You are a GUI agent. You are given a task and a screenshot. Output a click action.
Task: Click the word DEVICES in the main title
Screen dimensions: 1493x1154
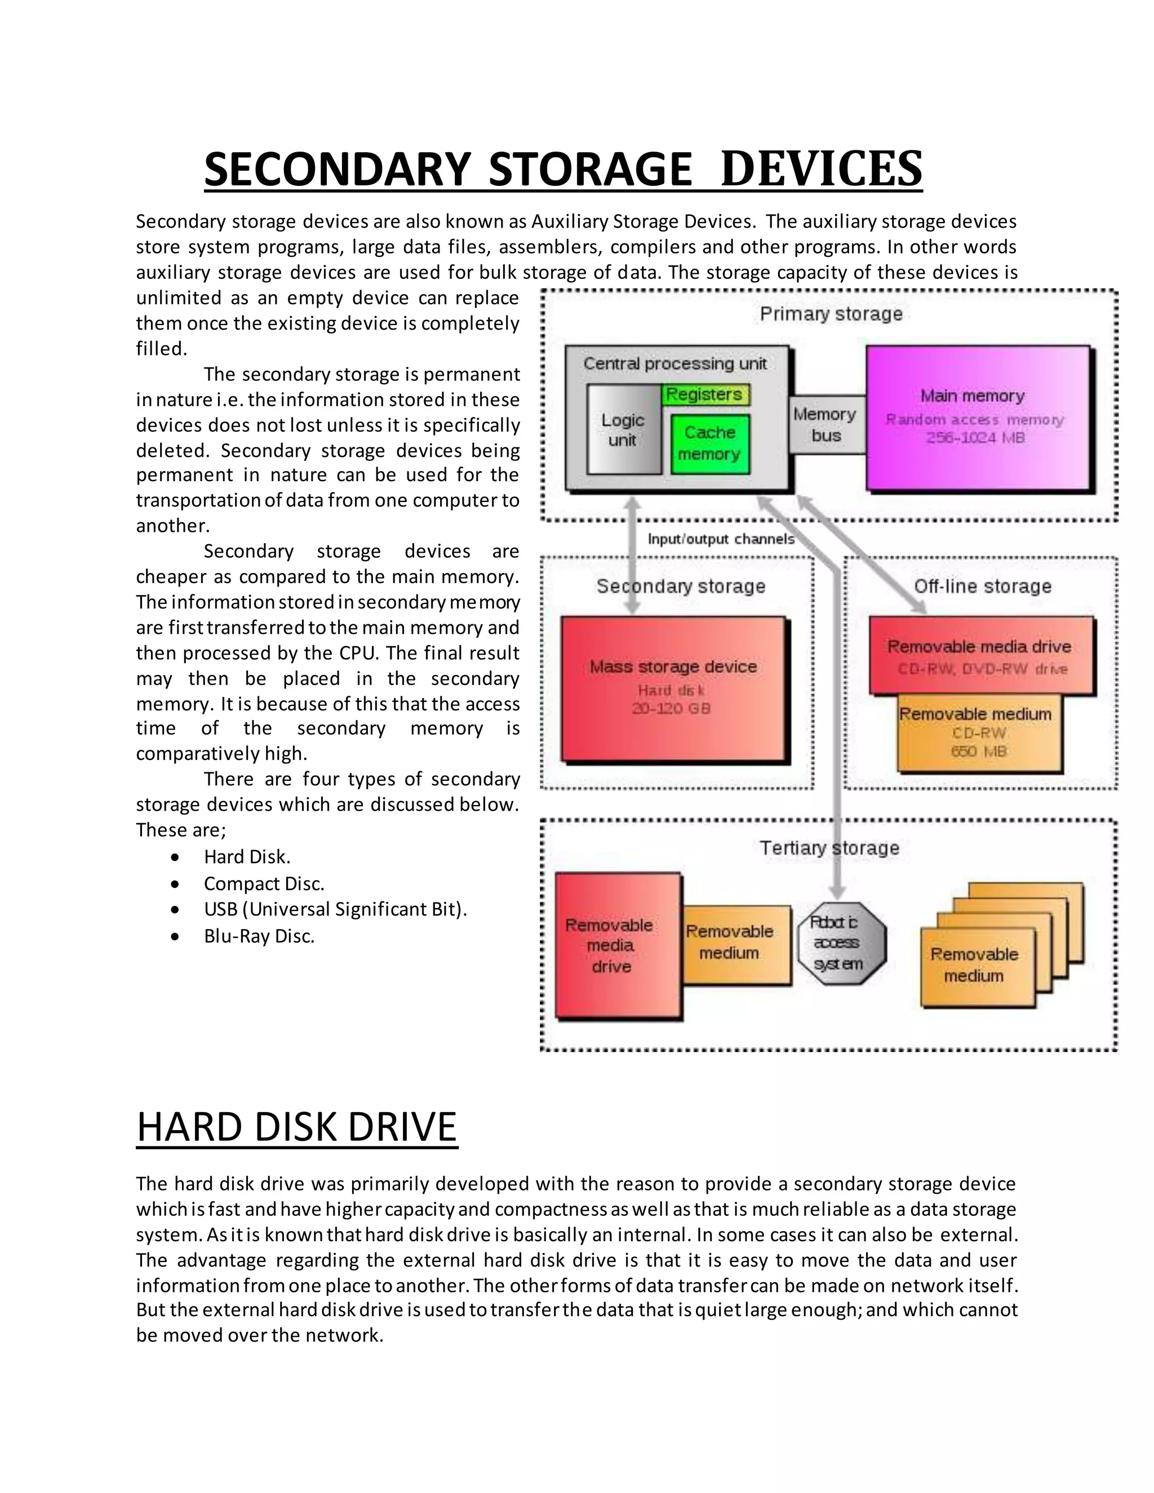click(x=821, y=169)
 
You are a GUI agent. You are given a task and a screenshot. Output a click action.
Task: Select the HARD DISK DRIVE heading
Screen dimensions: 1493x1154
click(x=297, y=1127)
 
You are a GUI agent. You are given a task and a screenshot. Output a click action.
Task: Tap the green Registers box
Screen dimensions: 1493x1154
click(x=704, y=394)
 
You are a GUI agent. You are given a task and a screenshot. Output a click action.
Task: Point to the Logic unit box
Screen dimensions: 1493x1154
click(x=623, y=430)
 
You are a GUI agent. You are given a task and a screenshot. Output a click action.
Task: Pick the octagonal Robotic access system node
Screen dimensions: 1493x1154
click(x=840, y=943)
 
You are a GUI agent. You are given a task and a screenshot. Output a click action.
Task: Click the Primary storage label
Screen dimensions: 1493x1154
click(x=831, y=314)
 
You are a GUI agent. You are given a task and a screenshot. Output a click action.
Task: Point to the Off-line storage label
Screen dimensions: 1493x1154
click(x=982, y=586)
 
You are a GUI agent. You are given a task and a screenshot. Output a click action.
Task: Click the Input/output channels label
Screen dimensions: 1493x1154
click(x=721, y=539)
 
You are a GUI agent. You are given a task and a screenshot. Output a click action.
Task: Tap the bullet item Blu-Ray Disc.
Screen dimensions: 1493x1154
click(x=259, y=936)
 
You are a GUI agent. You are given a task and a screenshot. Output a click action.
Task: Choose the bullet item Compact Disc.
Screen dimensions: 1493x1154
click(x=264, y=883)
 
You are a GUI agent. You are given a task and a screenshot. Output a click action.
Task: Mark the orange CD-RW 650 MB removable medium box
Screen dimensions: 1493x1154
click(x=978, y=733)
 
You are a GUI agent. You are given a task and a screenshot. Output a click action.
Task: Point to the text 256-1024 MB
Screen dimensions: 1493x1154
click(x=975, y=438)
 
